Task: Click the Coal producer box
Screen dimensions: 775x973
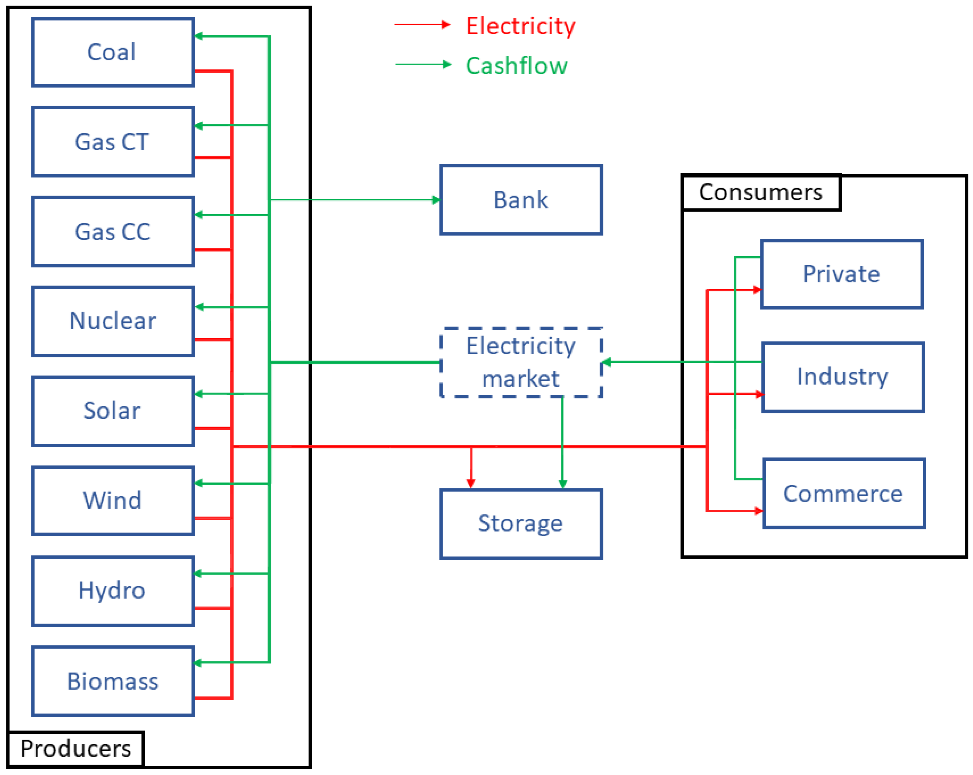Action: pyautogui.click(x=113, y=52)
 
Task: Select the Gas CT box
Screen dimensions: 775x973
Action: pyautogui.click(x=113, y=141)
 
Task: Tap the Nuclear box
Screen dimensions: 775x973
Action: pyautogui.click(x=113, y=321)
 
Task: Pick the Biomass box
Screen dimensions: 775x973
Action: pyautogui.click(x=113, y=681)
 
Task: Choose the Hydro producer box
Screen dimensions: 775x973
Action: pyautogui.click(x=113, y=590)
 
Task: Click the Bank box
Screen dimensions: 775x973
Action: pyautogui.click(x=521, y=200)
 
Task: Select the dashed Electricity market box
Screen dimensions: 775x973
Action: pyautogui.click(x=521, y=362)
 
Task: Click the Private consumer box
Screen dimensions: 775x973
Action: pyautogui.click(x=842, y=274)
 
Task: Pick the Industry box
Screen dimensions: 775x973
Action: pyautogui.click(x=842, y=377)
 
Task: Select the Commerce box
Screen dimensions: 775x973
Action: pyautogui.click(x=844, y=493)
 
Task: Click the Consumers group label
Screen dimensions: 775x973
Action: pyautogui.click(x=761, y=192)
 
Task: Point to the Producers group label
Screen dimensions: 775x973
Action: pyautogui.click(x=76, y=748)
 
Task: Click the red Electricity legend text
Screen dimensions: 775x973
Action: pyautogui.click(x=521, y=26)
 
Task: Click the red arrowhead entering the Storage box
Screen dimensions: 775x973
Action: pyautogui.click(x=471, y=484)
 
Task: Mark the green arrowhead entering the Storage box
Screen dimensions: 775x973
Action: pyautogui.click(x=562, y=484)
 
